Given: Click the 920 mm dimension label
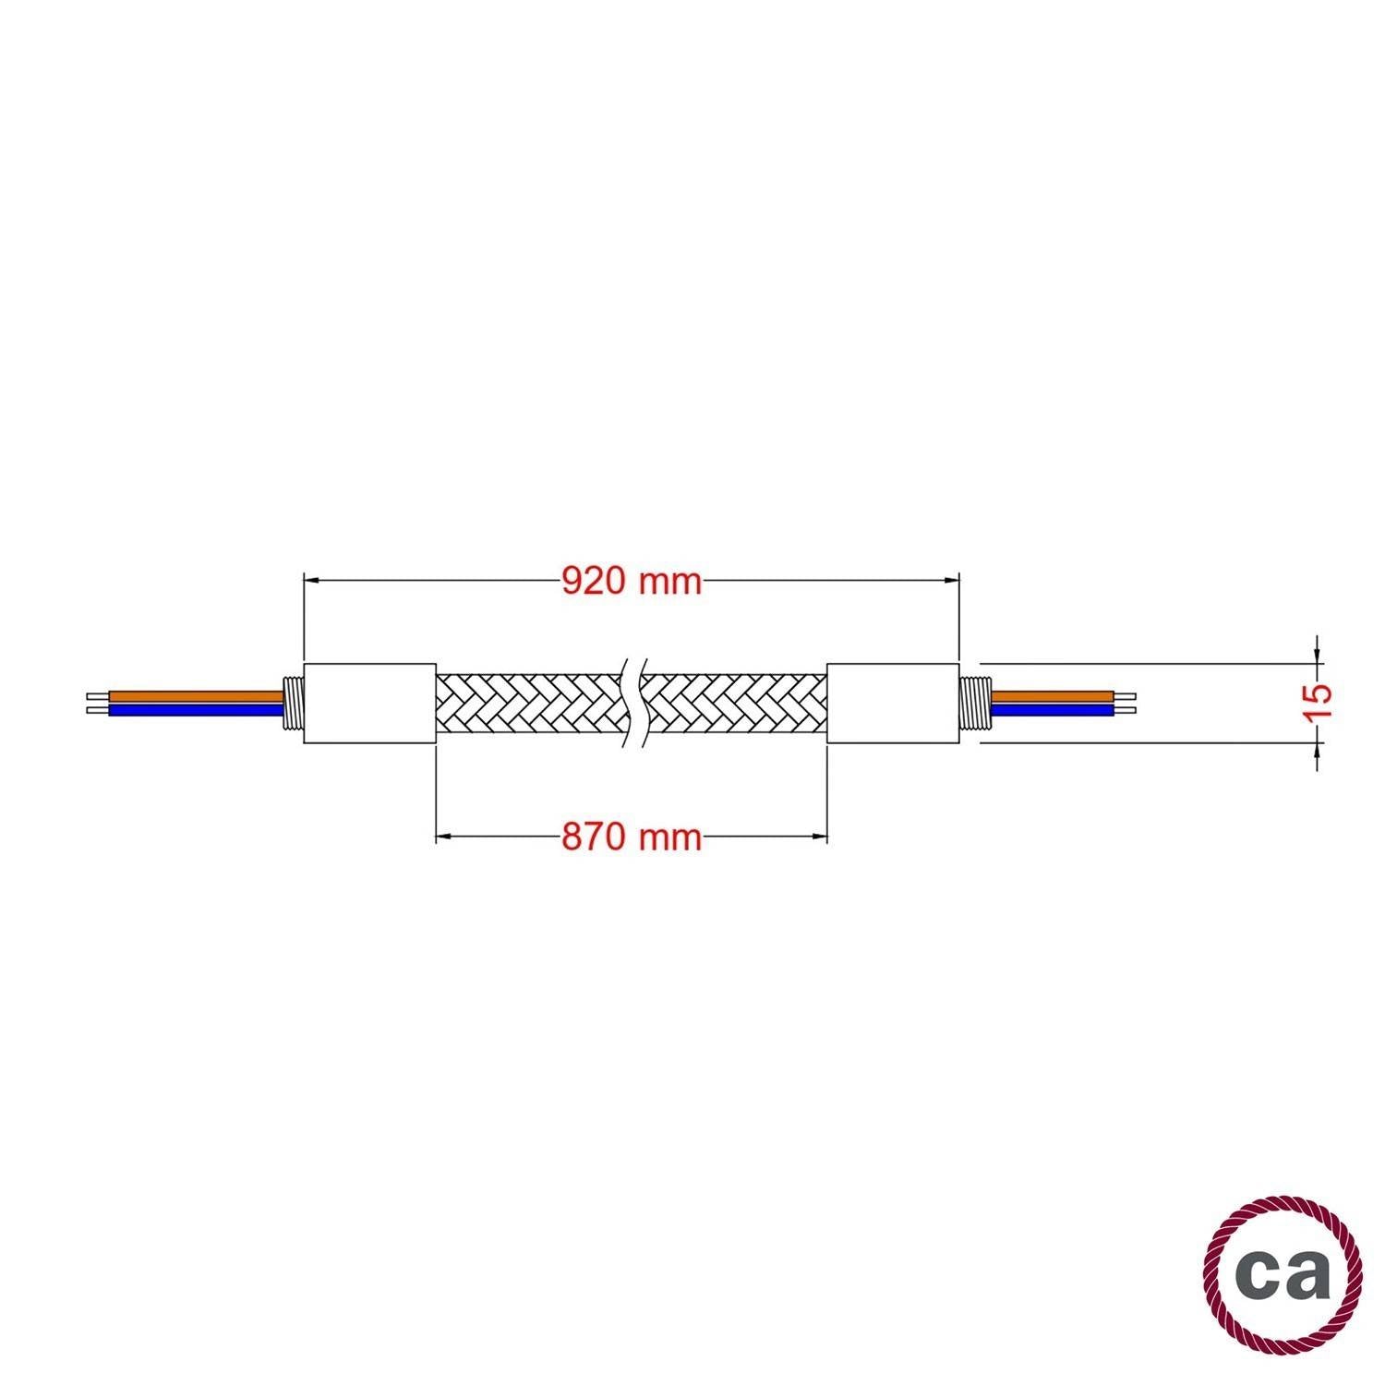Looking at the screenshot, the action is click(632, 581).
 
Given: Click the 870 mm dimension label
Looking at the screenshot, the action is click(632, 837).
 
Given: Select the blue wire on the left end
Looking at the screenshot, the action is click(196, 710).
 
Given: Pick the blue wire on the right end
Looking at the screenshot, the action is click(1052, 710).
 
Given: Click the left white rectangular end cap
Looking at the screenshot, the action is click(369, 703).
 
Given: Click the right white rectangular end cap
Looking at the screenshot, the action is click(893, 703).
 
